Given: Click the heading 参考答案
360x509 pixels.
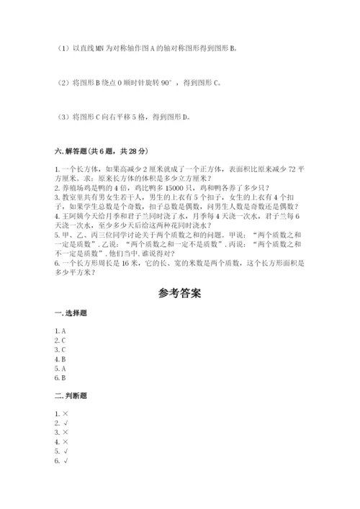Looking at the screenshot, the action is coord(179,294).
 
